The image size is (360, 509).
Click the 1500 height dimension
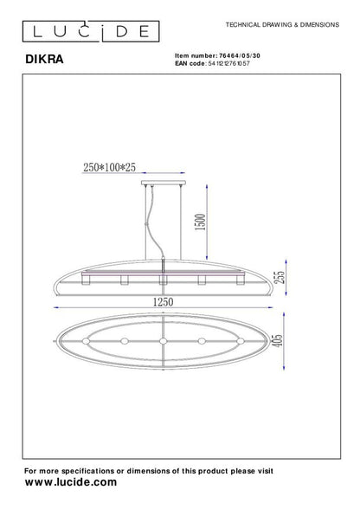202,223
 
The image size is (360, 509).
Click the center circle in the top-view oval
164,340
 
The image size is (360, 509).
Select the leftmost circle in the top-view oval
87,340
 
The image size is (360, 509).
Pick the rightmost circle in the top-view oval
241,340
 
